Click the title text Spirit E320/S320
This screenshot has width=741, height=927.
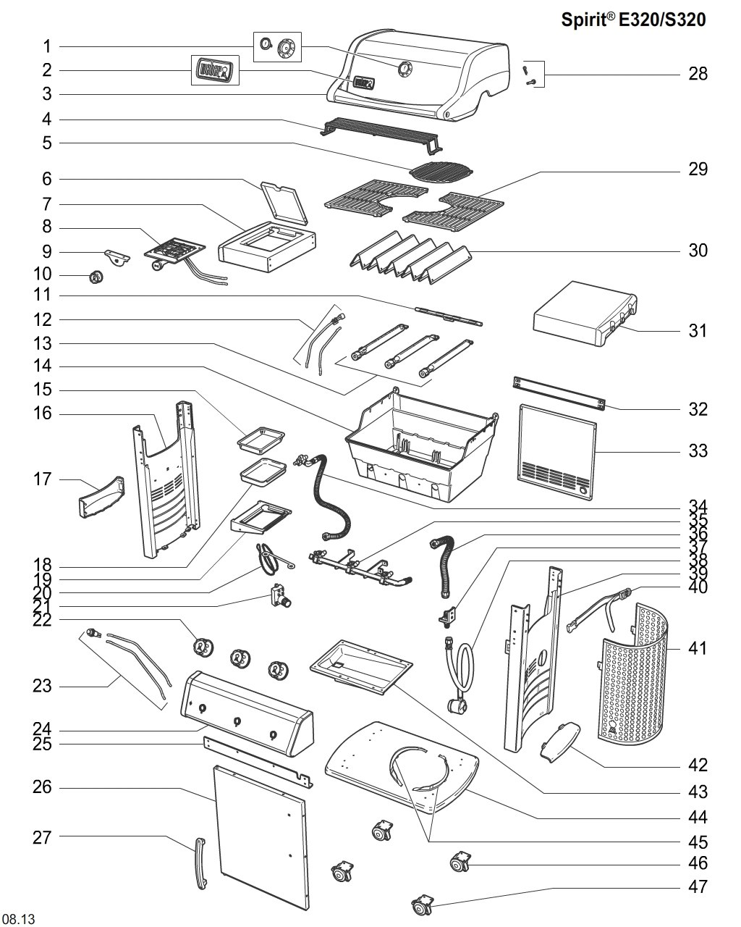click(633, 20)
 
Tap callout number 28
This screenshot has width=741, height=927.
click(698, 74)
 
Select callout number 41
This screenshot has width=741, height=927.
click(697, 648)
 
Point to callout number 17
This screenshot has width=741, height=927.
click(43, 479)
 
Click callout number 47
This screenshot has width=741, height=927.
click(698, 886)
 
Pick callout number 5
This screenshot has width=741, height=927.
click(47, 143)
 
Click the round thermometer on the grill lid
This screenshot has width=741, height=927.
click(403, 70)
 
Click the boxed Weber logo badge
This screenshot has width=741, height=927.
click(215, 70)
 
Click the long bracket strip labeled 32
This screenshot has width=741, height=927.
click(559, 392)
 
